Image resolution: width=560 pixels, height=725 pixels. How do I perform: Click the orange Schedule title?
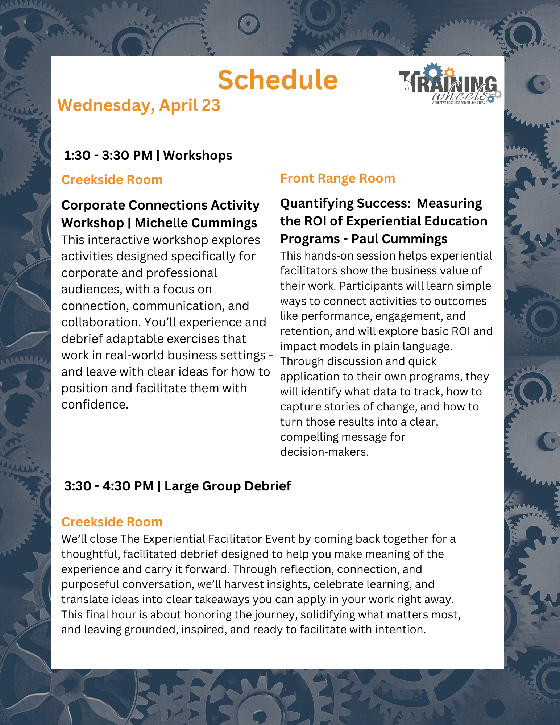(277, 80)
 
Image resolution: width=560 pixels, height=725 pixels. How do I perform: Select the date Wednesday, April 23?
(139, 105)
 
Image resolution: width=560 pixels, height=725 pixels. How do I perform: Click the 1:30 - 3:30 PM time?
(108, 156)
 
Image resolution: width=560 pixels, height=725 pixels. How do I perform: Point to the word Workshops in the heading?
(198, 156)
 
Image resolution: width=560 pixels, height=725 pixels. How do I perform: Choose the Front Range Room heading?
(337, 178)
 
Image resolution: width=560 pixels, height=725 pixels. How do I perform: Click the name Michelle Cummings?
(196, 223)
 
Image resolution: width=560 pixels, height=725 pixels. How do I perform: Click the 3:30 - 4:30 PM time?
(109, 486)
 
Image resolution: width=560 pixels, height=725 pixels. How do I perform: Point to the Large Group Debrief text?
(228, 486)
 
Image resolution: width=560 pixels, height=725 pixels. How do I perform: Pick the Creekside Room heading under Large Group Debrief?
(112, 522)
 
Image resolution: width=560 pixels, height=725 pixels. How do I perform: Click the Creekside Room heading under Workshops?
(112, 180)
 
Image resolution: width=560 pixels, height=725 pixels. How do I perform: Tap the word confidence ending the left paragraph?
(95, 405)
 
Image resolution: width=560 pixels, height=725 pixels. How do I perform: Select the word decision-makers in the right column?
(324, 452)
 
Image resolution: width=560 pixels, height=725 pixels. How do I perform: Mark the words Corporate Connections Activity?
(160, 205)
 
